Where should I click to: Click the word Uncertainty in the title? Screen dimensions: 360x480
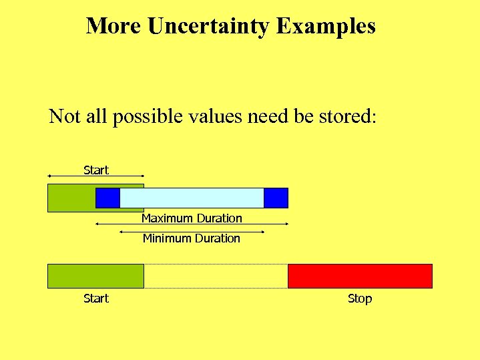pyautogui.click(x=209, y=26)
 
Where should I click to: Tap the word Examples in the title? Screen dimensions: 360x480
pyautogui.click(x=326, y=26)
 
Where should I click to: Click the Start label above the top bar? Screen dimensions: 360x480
pyautogui.click(x=95, y=170)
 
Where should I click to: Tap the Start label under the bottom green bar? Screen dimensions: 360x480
pyautogui.click(x=95, y=299)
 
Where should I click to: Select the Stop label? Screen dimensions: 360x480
pyautogui.click(x=359, y=299)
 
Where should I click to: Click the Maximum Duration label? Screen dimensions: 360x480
pyautogui.click(x=192, y=218)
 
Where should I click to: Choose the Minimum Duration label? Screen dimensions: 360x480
pyautogui.click(x=192, y=238)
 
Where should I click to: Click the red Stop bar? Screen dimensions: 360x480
pyautogui.click(x=360, y=276)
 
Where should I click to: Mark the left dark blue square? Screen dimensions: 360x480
pyautogui.click(x=107, y=198)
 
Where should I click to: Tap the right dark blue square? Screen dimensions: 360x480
pyautogui.click(x=276, y=198)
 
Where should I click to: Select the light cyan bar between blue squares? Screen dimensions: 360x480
pyautogui.click(x=192, y=198)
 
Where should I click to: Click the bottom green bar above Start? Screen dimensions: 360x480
pyautogui.click(x=95, y=276)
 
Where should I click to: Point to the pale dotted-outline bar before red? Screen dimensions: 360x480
pyautogui.click(x=216, y=276)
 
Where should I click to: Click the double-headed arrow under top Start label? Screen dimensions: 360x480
pyautogui.click(x=95, y=176)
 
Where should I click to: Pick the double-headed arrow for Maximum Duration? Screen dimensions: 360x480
pyautogui.click(x=192, y=224)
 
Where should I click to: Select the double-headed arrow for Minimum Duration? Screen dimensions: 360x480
pyautogui.click(x=192, y=232)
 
